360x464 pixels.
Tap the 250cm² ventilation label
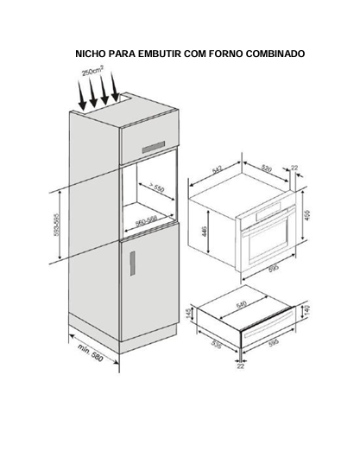(x=93, y=71)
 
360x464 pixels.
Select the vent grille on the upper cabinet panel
(x=154, y=147)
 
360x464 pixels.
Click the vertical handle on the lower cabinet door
(x=133, y=264)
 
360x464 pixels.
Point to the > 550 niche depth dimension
(x=155, y=187)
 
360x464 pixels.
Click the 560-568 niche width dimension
(x=146, y=220)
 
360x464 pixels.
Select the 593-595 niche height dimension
(x=56, y=225)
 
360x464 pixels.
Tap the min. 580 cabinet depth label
(x=91, y=353)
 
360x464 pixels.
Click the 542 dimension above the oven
(x=218, y=170)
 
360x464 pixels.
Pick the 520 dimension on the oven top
(x=266, y=168)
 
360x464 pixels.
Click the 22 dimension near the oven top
(x=294, y=168)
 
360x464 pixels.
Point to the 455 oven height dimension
(x=306, y=215)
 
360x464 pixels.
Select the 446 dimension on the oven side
(x=205, y=231)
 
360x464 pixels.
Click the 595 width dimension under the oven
(x=274, y=268)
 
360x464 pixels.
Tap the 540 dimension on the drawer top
(x=242, y=304)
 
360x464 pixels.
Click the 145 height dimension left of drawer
(x=189, y=314)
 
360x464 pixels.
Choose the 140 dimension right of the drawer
(x=306, y=310)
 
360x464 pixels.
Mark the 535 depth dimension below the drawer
(x=217, y=344)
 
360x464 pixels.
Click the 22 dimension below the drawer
(x=241, y=366)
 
